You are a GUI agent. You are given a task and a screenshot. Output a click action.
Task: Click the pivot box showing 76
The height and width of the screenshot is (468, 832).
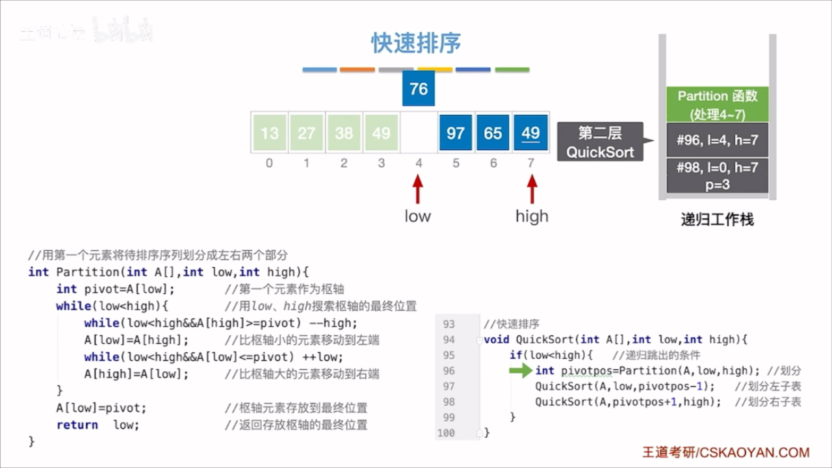pyautogui.click(x=419, y=89)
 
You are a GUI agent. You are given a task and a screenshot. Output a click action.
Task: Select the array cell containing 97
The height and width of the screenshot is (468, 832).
pyautogui.click(x=456, y=133)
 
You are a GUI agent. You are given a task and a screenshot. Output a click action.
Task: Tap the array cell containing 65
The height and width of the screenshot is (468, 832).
pyautogui.click(x=493, y=133)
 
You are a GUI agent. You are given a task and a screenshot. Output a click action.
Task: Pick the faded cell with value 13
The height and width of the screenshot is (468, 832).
pyautogui.click(x=269, y=133)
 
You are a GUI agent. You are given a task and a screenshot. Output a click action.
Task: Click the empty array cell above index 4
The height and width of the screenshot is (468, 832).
pyautogui.click(x=419, y=133)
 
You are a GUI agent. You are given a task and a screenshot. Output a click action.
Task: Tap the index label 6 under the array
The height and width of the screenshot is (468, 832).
pyautogui.click(x=493, y=163)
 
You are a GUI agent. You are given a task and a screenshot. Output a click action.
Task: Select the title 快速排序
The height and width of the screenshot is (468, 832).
pyautogui.click(x=416, y=43)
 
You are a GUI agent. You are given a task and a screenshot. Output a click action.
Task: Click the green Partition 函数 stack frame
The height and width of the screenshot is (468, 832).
pyautogui.click(x=718, y=105)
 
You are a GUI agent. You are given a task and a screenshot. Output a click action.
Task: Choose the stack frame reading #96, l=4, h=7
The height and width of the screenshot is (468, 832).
pyautogui.click(x=718, y=140)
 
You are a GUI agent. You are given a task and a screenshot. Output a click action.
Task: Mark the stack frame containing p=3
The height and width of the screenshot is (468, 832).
pyautogui.click(x=718, y=175)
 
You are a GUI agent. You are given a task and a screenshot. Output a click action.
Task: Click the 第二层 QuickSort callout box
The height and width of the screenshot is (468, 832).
pyautogui.click(x=600, y=142)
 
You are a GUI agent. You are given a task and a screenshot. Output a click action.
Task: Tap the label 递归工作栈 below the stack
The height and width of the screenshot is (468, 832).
pyautogui.click(x=718, y=220)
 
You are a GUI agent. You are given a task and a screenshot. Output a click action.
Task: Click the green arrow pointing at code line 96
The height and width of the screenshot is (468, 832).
pyautogui.click(x=520, y=370)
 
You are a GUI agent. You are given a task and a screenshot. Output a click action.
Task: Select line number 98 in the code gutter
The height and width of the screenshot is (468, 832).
pyautogui.click(x=448, y=402)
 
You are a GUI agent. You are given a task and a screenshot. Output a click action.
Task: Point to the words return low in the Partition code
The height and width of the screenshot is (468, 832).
pyautogui.click(x=97, y=425)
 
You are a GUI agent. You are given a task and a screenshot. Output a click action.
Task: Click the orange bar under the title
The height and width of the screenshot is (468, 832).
pyautogui.click(x=357, y=70)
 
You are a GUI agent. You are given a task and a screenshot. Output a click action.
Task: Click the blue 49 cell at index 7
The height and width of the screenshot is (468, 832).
pyautogui.click(x=531, y=133)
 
